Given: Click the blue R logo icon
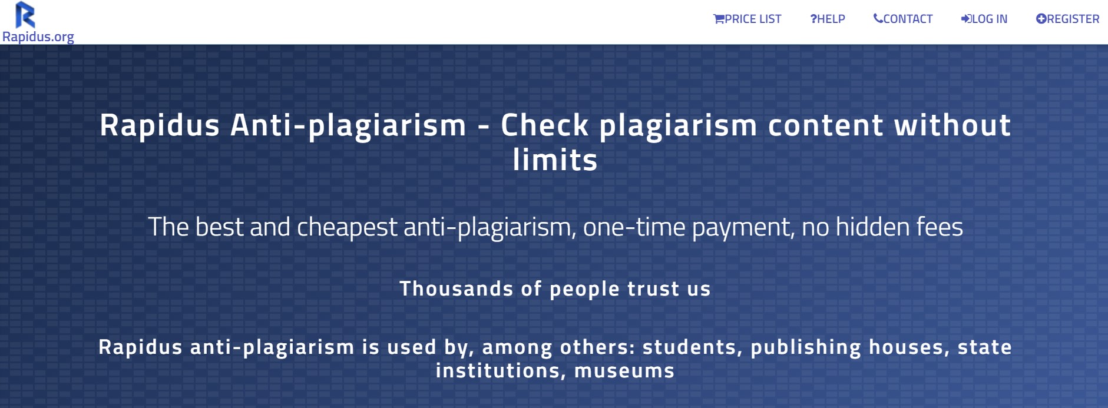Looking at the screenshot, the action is point(25,15).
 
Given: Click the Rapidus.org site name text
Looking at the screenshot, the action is point(38,37).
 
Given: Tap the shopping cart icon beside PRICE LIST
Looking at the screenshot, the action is point(719,19).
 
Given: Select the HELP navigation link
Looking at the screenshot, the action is point(828,19).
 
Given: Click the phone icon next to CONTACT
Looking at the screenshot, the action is point(878,19).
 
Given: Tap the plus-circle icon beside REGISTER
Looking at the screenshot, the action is point(1041,19).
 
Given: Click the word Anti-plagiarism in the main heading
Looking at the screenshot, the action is point(348,125).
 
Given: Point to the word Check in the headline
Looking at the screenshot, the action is point(545,125).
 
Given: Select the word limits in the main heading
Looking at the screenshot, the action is point(555,160).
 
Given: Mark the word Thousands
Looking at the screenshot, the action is point(457,288).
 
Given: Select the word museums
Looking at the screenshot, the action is point(624,371).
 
